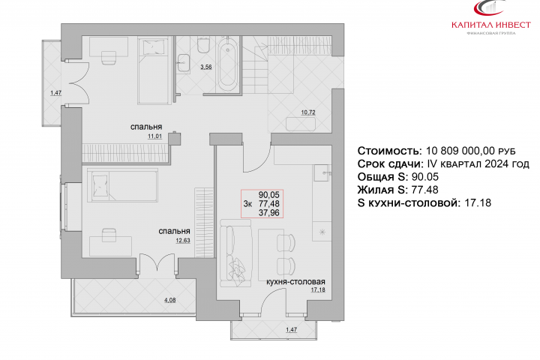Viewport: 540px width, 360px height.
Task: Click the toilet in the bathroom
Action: pos(203,45)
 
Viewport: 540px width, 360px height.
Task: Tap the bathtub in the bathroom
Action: pos(228,65)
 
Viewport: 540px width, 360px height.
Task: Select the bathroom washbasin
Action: pos(184,63)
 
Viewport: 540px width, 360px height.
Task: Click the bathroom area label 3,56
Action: pos(206,67)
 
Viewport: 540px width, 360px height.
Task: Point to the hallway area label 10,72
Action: pos(308,112)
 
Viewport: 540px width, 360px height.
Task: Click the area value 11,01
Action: pos(154,136)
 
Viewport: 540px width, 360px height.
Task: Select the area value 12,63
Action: pos(183,241)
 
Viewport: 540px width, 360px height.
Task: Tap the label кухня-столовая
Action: pos(295,282)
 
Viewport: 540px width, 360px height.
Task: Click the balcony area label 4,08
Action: pos(169,300)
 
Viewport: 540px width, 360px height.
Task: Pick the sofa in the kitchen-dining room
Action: pos(236,253)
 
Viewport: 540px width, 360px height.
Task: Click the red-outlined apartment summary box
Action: pos(262,203)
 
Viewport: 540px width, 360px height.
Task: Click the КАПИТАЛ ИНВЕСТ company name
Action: pos(491,25)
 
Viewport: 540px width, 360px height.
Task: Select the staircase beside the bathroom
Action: pos(255,64)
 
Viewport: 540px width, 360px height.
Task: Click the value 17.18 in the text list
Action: pos(478,203)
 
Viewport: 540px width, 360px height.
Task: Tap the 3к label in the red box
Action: pos(247,204)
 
